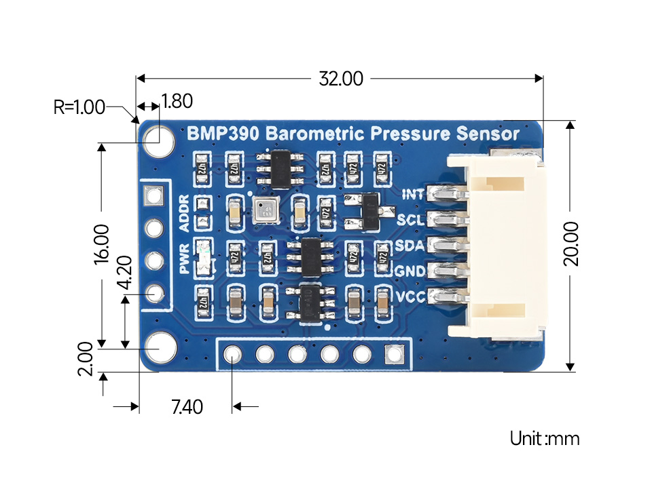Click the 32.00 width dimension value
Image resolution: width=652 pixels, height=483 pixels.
coord(341,79)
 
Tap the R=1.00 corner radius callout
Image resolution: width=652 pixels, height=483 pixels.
coord(79,107)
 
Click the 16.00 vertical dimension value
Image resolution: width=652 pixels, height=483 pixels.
coord(101,244)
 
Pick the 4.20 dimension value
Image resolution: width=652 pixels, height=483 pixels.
coord(125,273)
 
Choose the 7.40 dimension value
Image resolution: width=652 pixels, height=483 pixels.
coord(187,407)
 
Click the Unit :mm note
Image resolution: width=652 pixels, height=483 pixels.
coord(545,438)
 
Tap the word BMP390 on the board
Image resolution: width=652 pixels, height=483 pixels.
coord(222,134)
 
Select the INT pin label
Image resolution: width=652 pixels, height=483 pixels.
coord(413,195)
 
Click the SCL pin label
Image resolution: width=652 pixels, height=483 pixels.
coord(411,220)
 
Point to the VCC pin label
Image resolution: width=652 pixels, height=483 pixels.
coord(410,296)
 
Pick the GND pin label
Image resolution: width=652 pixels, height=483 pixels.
coord(410,271)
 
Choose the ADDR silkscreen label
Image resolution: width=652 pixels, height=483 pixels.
coord(184,213)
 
